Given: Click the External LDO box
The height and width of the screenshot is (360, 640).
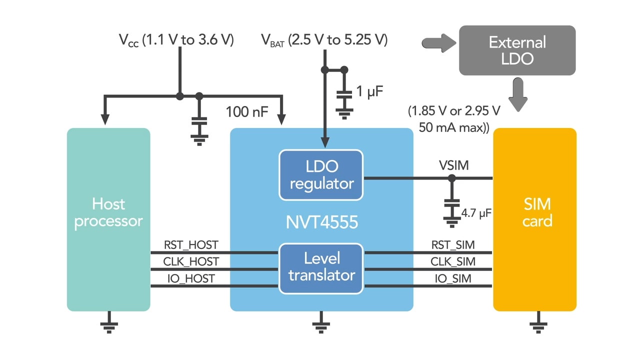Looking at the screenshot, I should coord(517,50).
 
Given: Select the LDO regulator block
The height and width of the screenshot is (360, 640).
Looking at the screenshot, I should coord(321,174).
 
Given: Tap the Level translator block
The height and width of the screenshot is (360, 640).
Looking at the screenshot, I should coord(321,266).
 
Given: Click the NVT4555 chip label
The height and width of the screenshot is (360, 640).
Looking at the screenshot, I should coord(321,221).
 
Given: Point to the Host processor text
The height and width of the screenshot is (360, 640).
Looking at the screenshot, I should coord(108,212).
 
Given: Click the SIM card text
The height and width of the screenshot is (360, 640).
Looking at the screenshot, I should coord(537,212).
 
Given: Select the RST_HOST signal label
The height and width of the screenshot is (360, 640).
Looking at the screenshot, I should coord(191,245).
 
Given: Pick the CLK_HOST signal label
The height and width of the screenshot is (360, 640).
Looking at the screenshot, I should coord(191,261).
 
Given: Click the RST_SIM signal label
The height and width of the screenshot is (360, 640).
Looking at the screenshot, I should coord(453,245).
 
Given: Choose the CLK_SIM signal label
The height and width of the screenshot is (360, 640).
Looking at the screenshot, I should coord(453,261).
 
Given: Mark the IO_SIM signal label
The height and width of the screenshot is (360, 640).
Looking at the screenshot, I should coord(453,278).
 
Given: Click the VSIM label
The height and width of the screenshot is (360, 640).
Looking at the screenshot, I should coord(453,165).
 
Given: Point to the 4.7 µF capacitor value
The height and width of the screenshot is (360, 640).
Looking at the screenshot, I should coord(477,213).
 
